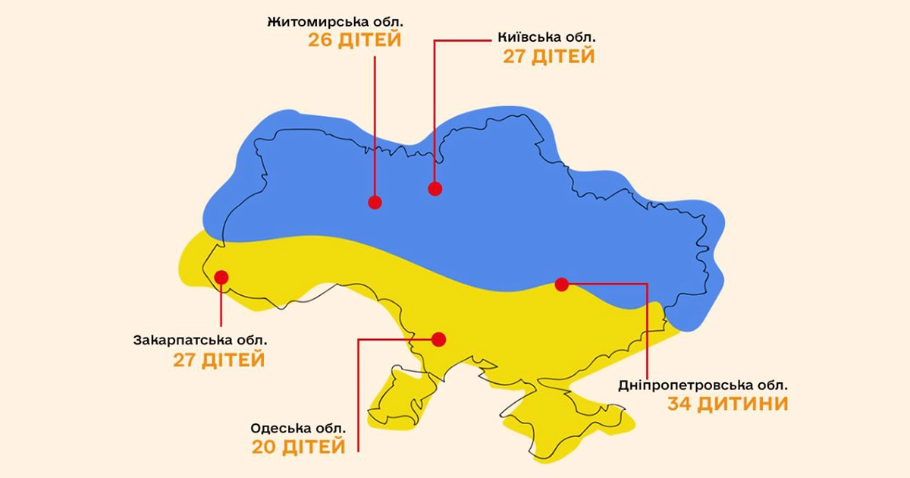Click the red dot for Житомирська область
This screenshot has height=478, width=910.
click(x=375, y=202)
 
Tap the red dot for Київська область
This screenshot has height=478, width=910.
click(x=435, y=189)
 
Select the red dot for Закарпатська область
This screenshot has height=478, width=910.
click(x=221, y=277)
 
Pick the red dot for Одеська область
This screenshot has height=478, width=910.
click(x=439, y=339)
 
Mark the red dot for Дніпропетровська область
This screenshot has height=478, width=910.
click(x=561, y=285)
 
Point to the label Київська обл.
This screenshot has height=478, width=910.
click(x=547, y=36)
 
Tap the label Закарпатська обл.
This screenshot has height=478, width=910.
click(x=199, y=339)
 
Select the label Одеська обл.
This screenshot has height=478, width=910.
click(x=298, y=428)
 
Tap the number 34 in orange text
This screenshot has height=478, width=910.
click(x=683, y=404)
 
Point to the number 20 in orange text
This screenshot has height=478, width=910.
click(x=267, y=448)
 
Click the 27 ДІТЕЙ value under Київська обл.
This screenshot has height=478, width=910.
click(x=548, y=57)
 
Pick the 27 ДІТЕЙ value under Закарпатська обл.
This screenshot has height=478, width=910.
click(x=219, y=360)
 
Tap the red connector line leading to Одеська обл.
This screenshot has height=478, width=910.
click(x=357, y=395)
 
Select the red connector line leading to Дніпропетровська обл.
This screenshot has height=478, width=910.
click(x=647, y=326)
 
